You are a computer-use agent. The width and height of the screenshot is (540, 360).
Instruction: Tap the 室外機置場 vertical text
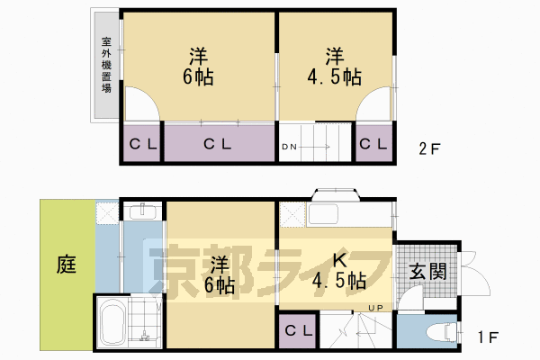tap(106, 65)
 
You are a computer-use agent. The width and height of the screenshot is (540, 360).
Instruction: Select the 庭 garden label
tap(66, 265)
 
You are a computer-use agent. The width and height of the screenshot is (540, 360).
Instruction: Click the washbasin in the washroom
tap(143, 213)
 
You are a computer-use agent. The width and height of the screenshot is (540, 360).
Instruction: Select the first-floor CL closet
tap(298, 330)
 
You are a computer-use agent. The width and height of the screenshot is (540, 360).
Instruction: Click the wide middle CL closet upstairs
tap(218, 144)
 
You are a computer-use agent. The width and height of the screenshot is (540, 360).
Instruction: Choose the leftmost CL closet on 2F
tap(141, 144)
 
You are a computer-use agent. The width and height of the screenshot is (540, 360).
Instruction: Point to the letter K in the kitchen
tap(341, 259)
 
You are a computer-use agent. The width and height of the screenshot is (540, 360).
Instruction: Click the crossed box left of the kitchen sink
tap(292, 214)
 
